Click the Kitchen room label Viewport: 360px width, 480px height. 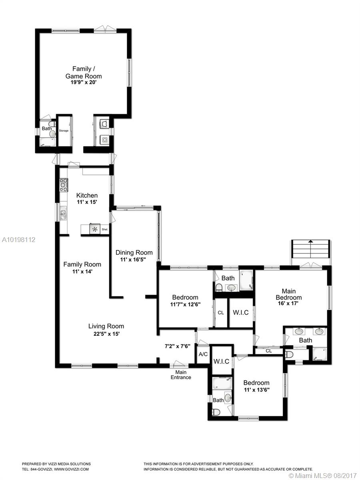coord(87,195)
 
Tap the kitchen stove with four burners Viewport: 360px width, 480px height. coord(64,185)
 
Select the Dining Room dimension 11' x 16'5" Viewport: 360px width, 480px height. coord(133,260)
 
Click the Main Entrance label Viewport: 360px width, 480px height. coord(181,374)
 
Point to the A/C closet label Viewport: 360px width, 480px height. coord(203,354)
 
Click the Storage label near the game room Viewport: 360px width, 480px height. coord(64,130)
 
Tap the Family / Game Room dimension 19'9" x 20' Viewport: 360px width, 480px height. coord(84,82)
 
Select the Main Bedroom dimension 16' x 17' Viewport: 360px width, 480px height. coord(288,303)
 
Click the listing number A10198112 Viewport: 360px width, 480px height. coord(19,240)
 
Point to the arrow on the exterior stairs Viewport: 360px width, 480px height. coord(310,249)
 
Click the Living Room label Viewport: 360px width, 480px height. coord(106,326)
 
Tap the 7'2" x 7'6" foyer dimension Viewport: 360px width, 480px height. coord(177,346)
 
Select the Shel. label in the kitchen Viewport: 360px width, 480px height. coord(105,229)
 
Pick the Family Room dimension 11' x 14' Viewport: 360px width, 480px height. coord(82,272)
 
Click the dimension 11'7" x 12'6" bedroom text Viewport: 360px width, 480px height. coord(185,304)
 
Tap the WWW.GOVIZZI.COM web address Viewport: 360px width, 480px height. coord(72,469)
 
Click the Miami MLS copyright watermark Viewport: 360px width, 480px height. coord(323,475)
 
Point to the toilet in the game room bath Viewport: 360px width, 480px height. coord(52,124)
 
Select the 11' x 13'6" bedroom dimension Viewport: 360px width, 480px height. coord(257,390)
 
